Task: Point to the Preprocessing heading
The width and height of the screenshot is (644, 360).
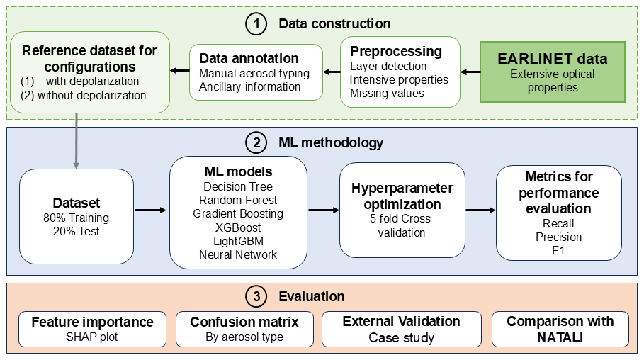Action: (x=395, y=52)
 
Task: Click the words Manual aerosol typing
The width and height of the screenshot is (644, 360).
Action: (x=254, y=73)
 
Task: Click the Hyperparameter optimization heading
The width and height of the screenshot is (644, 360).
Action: (x=402, y=196)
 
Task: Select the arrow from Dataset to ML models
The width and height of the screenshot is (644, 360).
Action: (x=149, y=210)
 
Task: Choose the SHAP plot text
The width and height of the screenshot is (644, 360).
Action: (x=92, y=337)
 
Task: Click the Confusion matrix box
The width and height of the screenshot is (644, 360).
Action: (x=244, y=329)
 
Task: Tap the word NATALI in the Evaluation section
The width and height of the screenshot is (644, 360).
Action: (x=560, y=337)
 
